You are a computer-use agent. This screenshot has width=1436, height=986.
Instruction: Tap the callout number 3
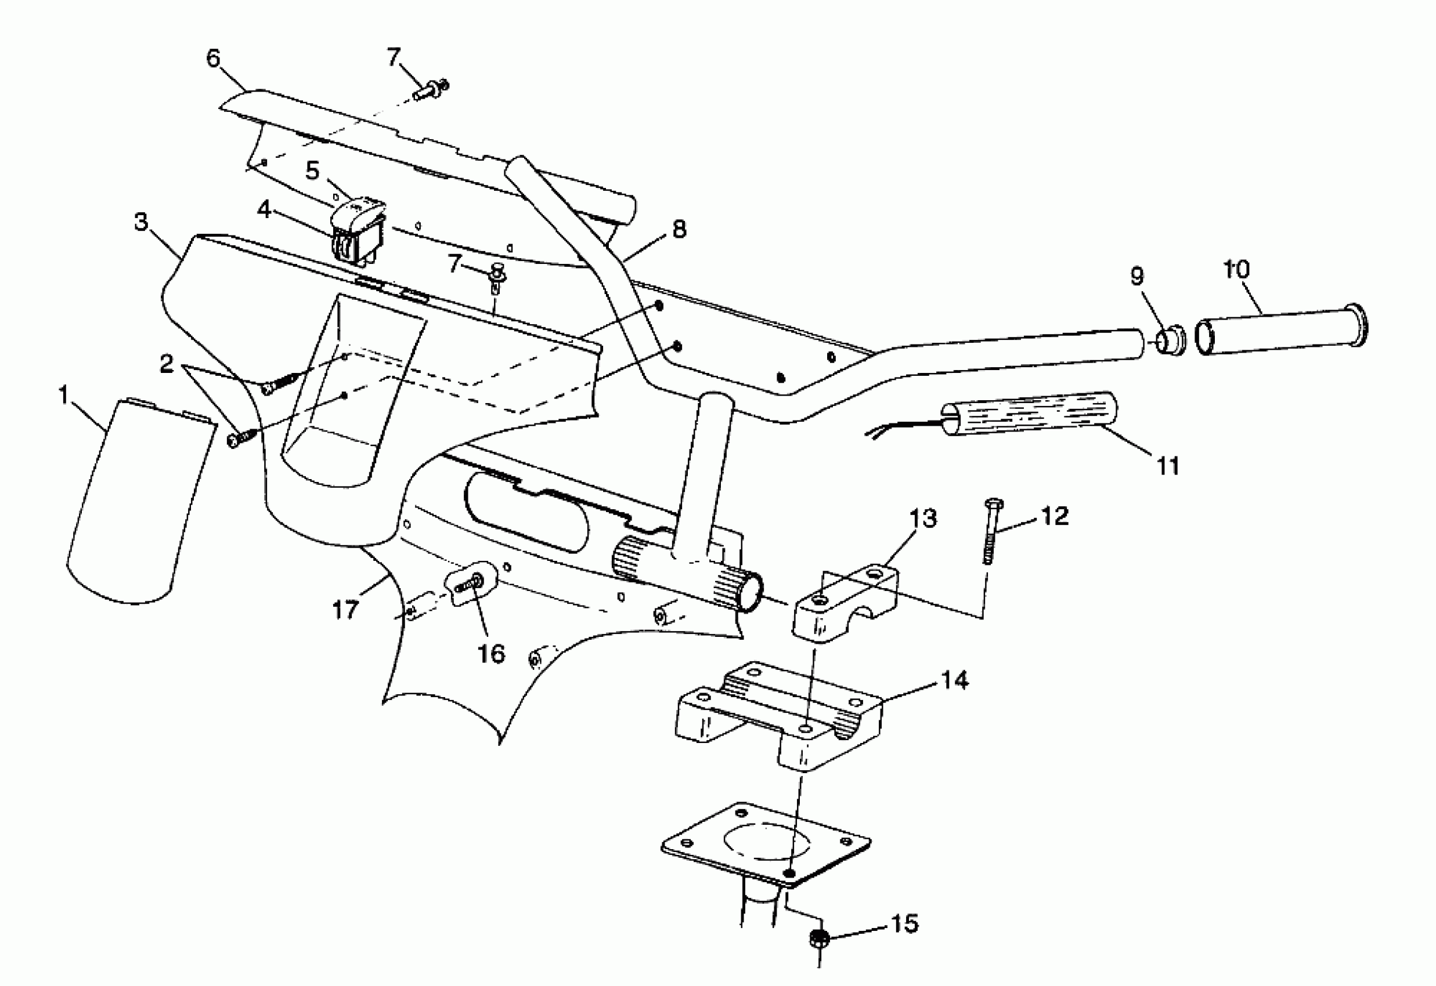pyautogui.click(x=142, y=222)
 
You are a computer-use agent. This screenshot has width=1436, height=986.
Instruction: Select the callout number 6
pyautogui.click(x=213, y=59)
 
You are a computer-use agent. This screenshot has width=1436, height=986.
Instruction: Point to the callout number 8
pyautogui.click(x=679, y=229)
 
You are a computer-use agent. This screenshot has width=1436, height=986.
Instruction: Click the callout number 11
pyautogui.click(x=1168, y=466)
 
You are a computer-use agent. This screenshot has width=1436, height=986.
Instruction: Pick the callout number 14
pyautogui.click(x=954, y=680)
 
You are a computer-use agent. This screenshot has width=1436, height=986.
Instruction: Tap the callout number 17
pyautogui.click(x=345, y=610)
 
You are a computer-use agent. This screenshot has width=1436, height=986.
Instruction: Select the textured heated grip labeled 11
pyautogui.click(x=1029, y=414)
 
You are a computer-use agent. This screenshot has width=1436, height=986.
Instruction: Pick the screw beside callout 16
pyautogui.click(x=475, y=581)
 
